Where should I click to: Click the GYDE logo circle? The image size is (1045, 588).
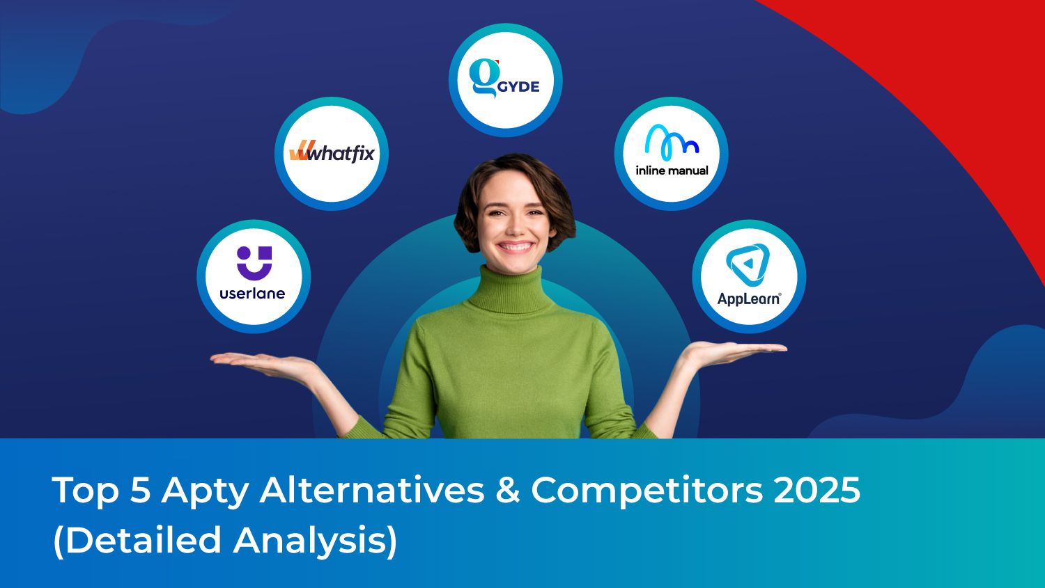click(505, 80)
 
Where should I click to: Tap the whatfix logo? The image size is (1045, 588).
click(332, 153)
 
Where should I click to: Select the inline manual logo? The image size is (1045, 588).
click(671, 154)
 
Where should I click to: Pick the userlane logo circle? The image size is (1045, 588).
click(253, 276)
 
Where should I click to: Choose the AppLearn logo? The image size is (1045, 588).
click(749, 276)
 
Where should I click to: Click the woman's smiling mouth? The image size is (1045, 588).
click(515, 247)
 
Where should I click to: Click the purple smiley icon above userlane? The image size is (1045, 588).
click(254, 262)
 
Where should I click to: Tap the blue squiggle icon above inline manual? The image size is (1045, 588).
click(671, 141)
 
